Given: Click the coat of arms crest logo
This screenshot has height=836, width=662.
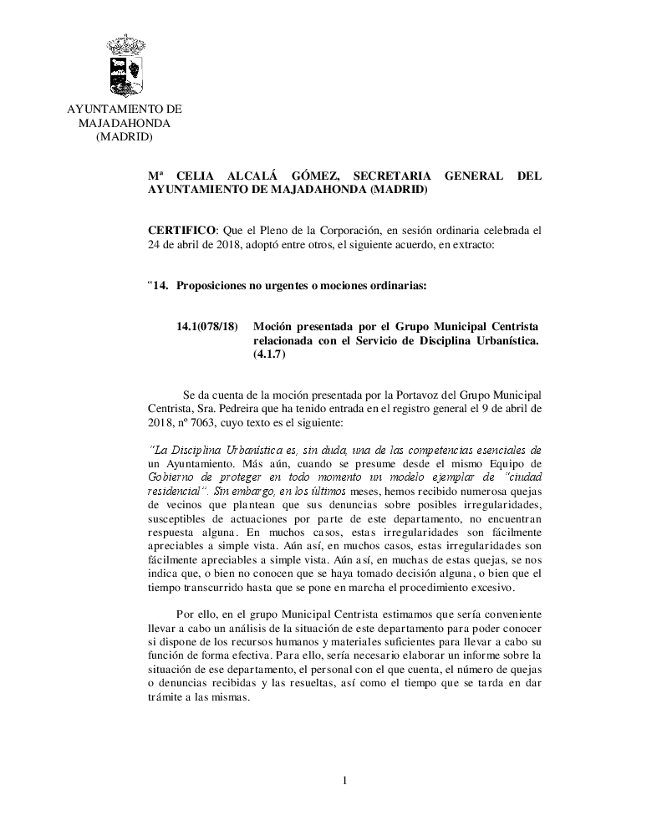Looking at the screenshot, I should pyautogui.click(x=125, y=66).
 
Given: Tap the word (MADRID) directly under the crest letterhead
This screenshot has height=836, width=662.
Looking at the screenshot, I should pyautogui.click(x=124, y=136).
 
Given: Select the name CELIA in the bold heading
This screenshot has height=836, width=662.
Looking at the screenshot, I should pyautogui.click(x=200, y=176).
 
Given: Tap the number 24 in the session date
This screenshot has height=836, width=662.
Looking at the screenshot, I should pyautogui.click(x=155, y=247).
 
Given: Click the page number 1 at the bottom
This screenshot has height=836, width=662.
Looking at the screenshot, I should pyautogui.click(x=344, y=781).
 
